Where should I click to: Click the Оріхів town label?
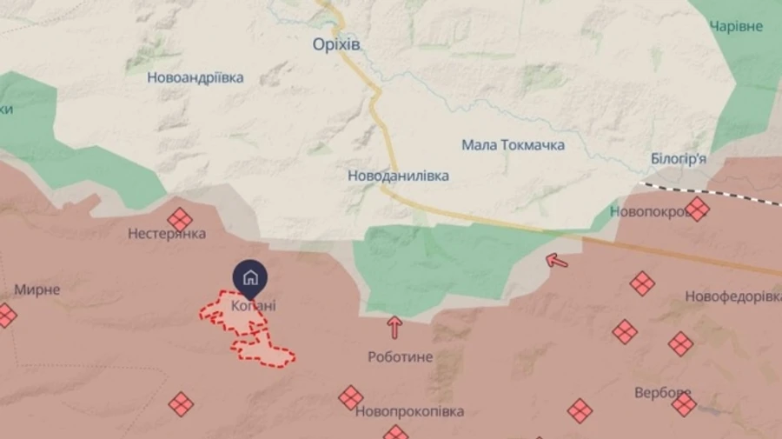337,44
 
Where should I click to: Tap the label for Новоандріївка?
195,77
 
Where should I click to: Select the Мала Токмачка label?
513,145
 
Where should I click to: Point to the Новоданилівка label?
398,176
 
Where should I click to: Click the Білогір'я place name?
678,158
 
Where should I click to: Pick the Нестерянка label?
166,234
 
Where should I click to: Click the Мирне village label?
37,289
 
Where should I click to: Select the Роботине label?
400,356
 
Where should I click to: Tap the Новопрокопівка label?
409,411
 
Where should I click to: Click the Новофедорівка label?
732,297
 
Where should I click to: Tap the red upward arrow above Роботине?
394,327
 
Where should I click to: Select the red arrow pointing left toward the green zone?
556,259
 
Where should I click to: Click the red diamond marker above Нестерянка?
180,218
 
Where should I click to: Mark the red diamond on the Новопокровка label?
697,209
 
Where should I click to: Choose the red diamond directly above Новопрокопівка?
351,397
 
